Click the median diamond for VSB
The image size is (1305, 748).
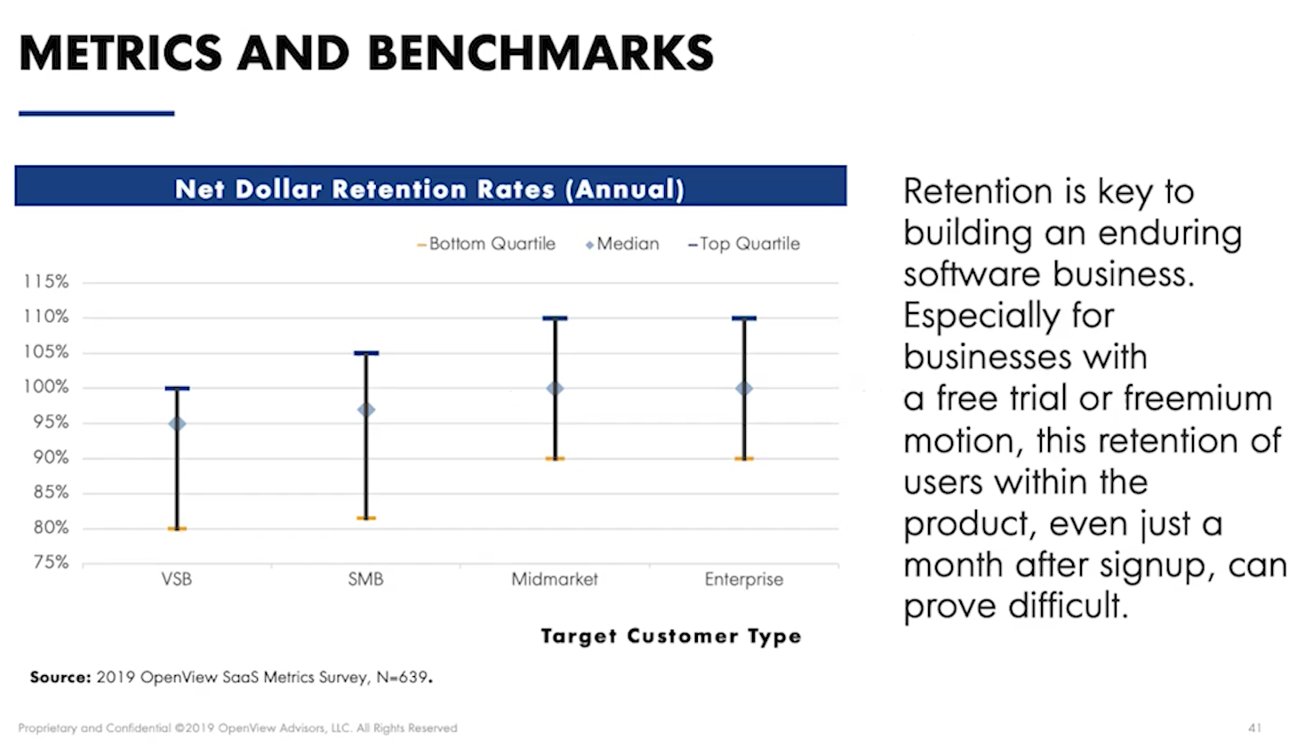(x=177, y=423)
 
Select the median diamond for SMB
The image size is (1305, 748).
(x=365, y=410)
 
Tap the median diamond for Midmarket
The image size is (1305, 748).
(x=555, y=389)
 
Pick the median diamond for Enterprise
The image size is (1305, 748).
(x=744, y=389)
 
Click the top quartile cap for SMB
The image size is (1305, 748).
(x=365, y=353)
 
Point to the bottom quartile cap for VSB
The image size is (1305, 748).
(x=177, y=528)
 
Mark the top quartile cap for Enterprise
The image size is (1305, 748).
(x=744, y=318)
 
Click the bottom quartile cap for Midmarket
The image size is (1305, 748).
(x=555, y=458)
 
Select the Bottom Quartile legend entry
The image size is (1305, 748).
(x=486, y=244)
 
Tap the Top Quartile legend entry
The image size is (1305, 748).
(x=744, y=244)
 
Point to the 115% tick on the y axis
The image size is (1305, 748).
(x=45, y=282)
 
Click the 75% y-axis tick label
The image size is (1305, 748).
(x=50, y=562)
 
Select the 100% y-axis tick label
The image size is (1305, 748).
(x=45, y=387)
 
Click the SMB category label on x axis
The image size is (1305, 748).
(x=365, y=579)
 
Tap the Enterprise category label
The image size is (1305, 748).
(x=744, y=579)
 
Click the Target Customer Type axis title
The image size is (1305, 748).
(x=671, y=636)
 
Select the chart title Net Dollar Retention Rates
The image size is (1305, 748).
(x=429, y=189)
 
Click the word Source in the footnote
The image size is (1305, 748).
(x=60, y=677)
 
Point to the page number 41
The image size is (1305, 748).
(x=1254, y=728)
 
